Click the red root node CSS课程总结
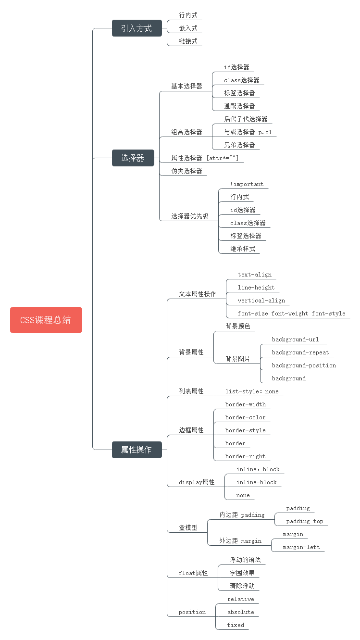pos(46,320)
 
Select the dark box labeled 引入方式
pos(137,28)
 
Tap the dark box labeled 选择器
pos(133,158)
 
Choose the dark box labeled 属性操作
pos(137,450)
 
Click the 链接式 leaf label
pos(188,41)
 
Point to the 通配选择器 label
pos(239,106)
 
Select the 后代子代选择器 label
pos(246,119)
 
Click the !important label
pos(247,184)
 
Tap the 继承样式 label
pos(242,249)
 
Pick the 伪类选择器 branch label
pos(186,171)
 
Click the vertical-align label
pos(261,301)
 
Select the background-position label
pos(304,365)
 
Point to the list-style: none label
pos(252,391)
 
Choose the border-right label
pos(245,456)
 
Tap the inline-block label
pos(256,482)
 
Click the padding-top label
pos(305,521)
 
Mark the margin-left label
pos(301,547)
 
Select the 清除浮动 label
pos(242,586)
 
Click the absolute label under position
pos(240,612)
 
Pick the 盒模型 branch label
pos(188,527)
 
